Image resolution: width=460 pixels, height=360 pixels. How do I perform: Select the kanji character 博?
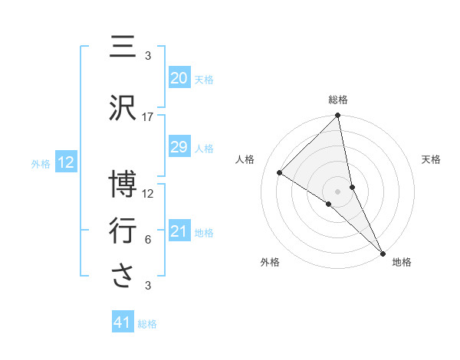pos(123,185)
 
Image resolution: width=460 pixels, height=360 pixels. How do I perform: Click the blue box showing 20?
pos(179,78)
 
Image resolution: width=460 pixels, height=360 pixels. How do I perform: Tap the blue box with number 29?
pos(179,147)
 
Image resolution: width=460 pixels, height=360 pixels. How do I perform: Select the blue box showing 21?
pos(179,231)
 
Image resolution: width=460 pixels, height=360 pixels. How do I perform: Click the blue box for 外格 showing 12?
pos(65,162)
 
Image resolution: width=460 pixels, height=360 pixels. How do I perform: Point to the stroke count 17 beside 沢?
pos(148,117)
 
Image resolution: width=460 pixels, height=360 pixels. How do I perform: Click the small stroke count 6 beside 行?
pos(148,240)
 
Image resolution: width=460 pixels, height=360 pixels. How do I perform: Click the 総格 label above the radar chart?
pos(338,100)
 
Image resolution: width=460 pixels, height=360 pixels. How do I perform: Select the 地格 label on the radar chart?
pos(402,262)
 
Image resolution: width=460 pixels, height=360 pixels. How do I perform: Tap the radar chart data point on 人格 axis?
pos(280,172)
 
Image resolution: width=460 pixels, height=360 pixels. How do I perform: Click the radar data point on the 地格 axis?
pos(383,252)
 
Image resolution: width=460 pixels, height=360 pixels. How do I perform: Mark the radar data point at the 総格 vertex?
pos(338,116)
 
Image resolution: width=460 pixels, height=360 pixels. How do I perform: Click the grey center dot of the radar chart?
pos(338,191)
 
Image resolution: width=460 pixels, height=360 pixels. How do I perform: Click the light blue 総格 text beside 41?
pos(147,324)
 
